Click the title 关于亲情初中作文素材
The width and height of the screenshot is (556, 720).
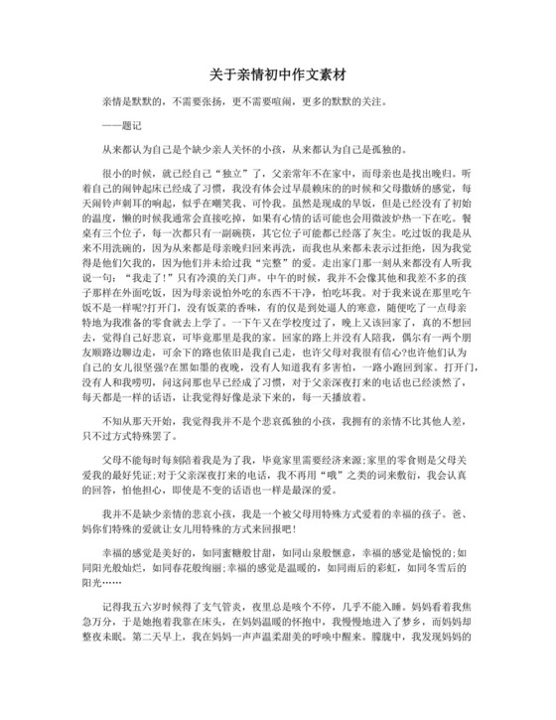click(x=277, y=75)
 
